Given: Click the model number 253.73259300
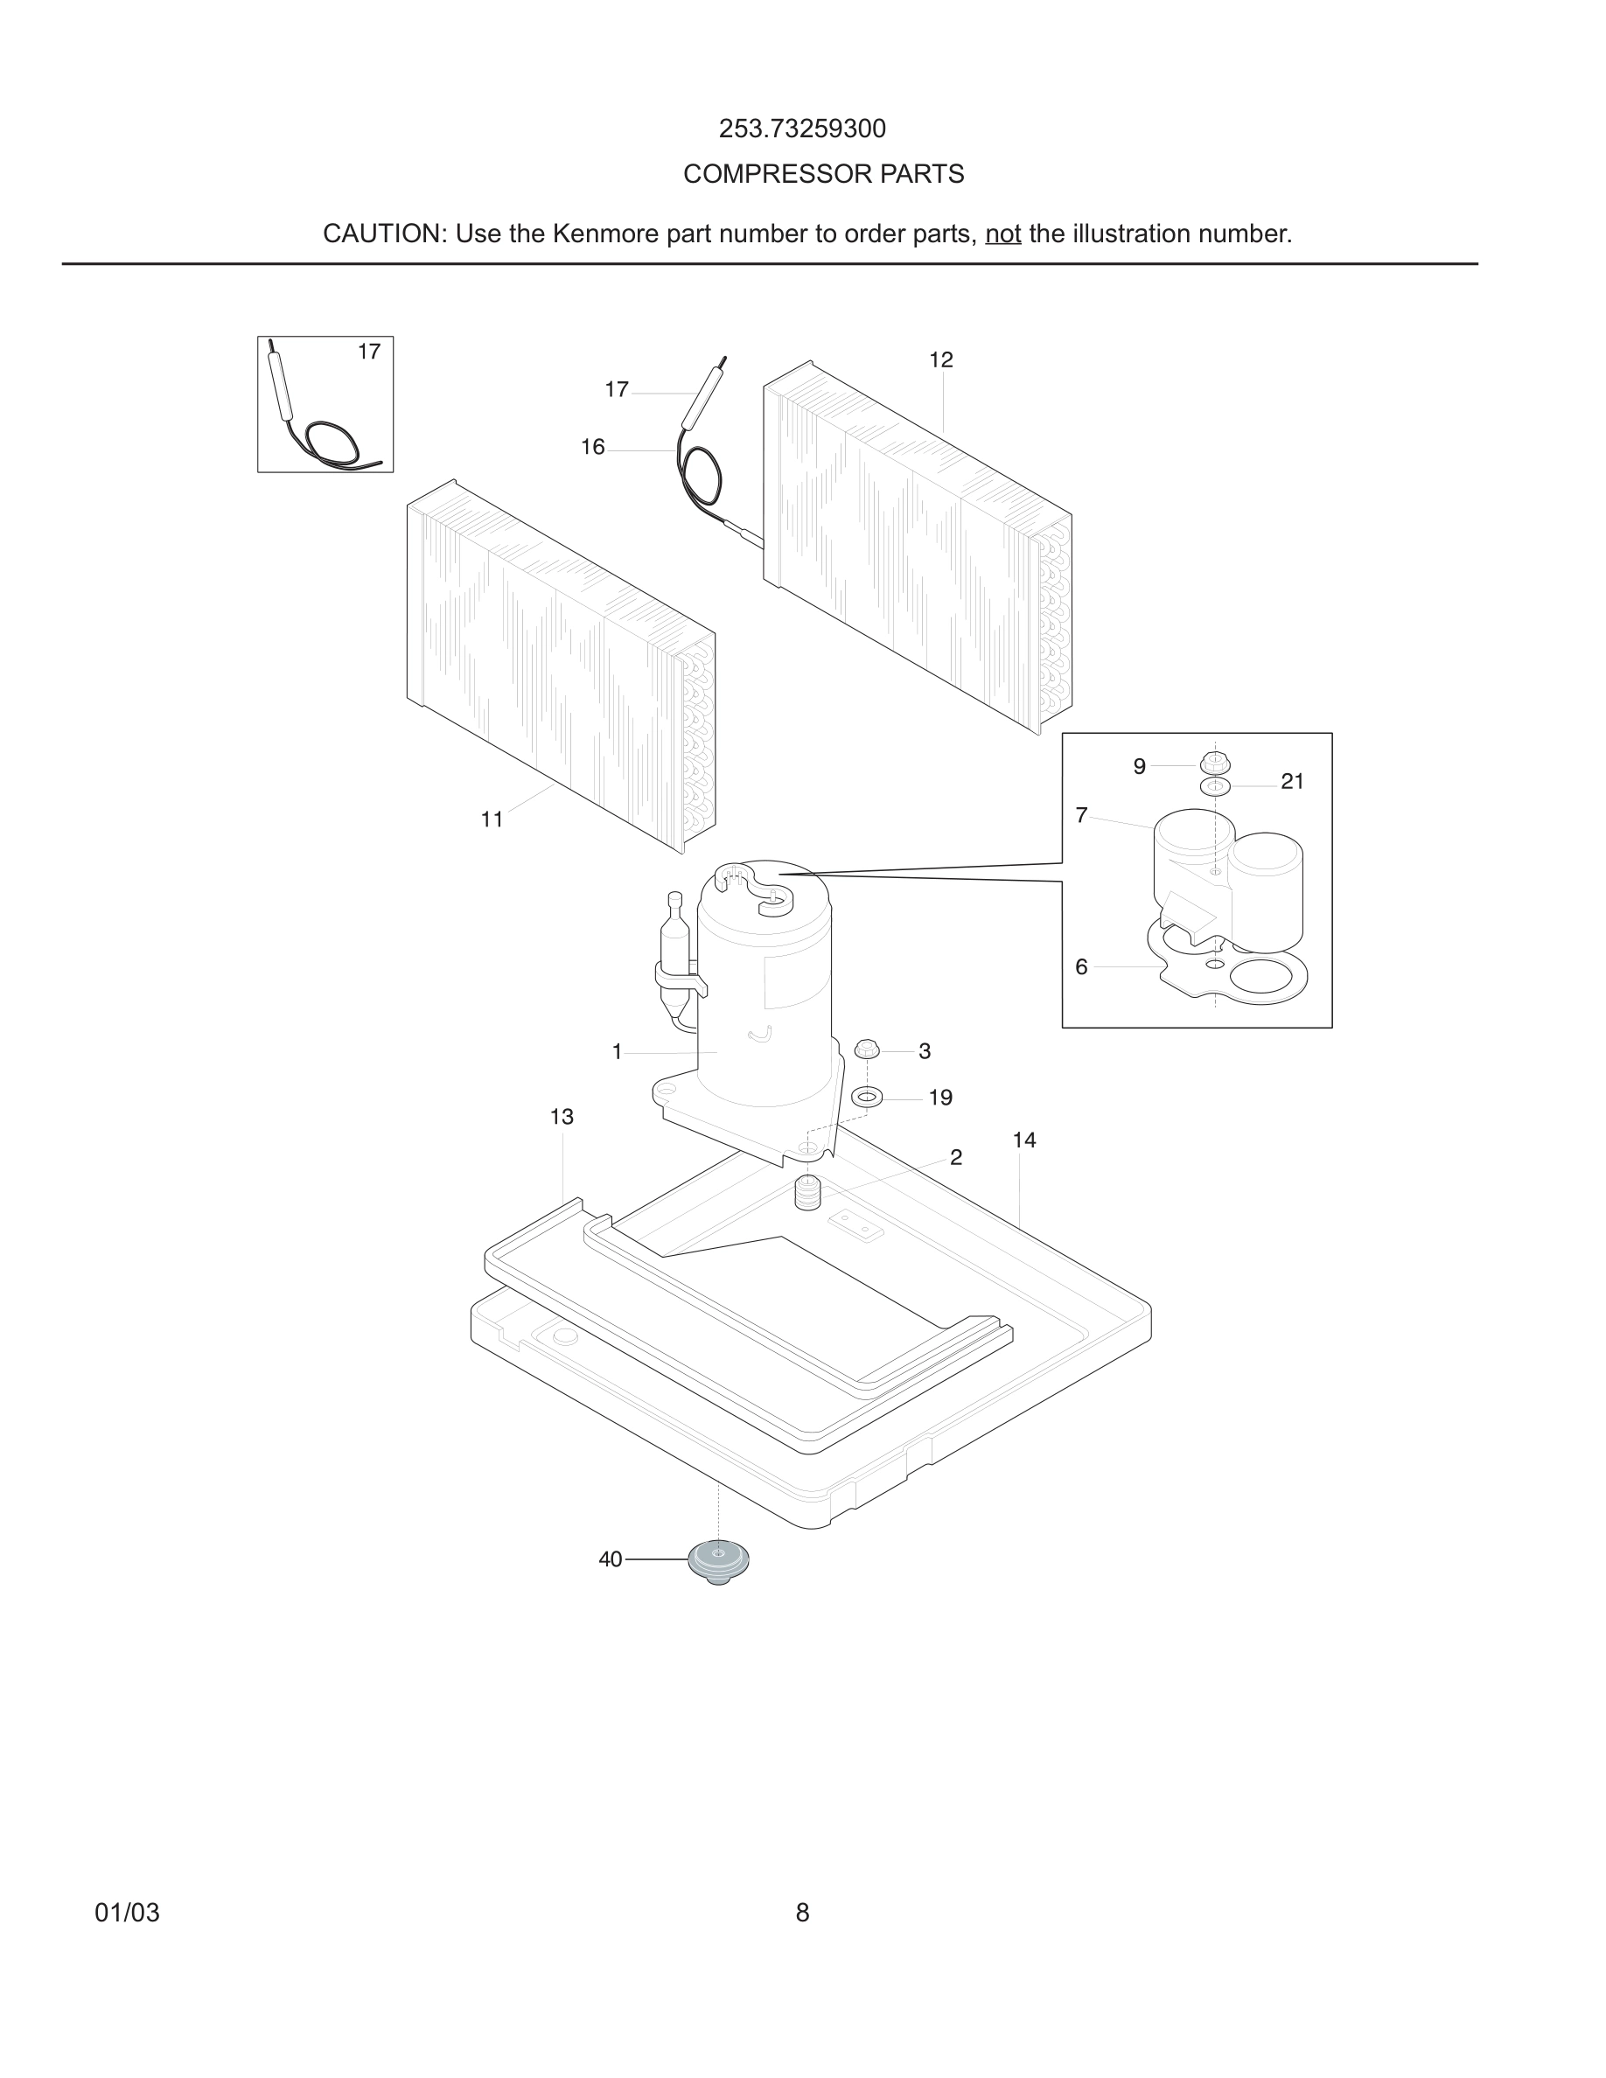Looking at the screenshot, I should point(802,129).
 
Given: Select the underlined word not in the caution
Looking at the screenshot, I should point(1002,234).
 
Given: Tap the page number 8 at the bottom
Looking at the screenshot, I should point(802,1913).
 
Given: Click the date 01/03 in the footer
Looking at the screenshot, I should point(127,1913).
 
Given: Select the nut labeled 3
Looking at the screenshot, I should point(867,1049).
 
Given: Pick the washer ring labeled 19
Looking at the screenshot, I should point(867,1097).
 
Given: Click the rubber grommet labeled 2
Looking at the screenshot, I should point(807,1192).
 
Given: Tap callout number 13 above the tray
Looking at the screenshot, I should point(562,1116).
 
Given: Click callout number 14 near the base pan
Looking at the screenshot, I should point(1023,1140).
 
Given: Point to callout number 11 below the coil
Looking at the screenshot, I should point(492,819).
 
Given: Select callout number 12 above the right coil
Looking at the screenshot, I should point(941,359).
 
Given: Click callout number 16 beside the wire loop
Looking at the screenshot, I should point(593,447).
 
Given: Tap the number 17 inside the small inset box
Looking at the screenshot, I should point(369,352).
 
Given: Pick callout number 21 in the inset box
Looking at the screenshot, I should point(1292,781).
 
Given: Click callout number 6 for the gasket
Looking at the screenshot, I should point(1081,966).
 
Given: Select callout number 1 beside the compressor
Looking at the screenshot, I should point(617,1051).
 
